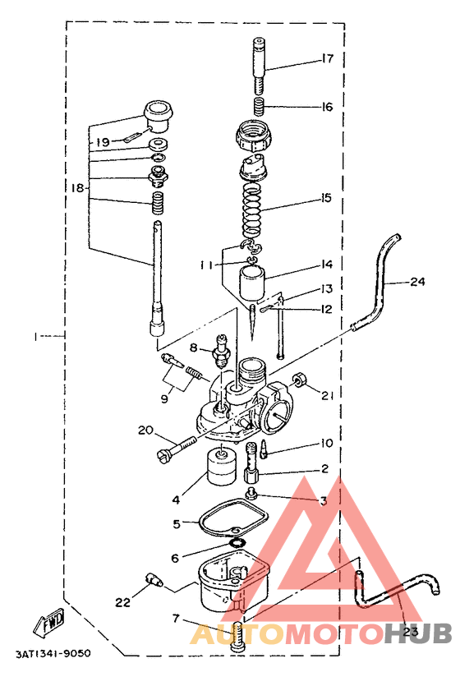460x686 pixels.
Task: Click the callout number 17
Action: [x=327, y=58]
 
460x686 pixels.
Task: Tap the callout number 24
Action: [x=417, y=281]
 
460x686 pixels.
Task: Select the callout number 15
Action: [x=326, y=198]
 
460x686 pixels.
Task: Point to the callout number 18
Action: [x=77, y=188]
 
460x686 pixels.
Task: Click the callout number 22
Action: [x=123, y=602]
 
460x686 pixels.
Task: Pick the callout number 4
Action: [x=177, y=500]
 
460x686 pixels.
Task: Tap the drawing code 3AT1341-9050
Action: [x=53, y=654]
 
